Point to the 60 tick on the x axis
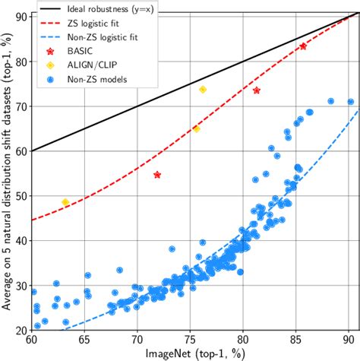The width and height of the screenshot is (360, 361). (x=31, y=340)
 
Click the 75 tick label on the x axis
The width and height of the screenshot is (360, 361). (x=190, y=340)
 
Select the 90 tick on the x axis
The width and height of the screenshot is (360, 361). (x=349, y=340)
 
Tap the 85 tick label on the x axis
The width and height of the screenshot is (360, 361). (x=295, y=340)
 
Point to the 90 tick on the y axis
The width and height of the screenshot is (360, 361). (x=20, y=16)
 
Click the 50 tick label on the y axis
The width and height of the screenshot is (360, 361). (x=20, y=195)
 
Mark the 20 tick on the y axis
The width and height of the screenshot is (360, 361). (x=20, y=330)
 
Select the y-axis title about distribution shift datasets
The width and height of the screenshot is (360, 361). (x=7, y=175)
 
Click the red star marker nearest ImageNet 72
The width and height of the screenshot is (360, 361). (x=157, y=175)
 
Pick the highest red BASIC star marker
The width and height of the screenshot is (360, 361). (x=303, y=46)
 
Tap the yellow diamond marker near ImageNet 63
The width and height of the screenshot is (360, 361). (x=65, y=202)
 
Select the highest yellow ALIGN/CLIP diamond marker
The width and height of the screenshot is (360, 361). (x=203, y=90)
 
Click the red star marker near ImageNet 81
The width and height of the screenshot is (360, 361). (x=257, y=90)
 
